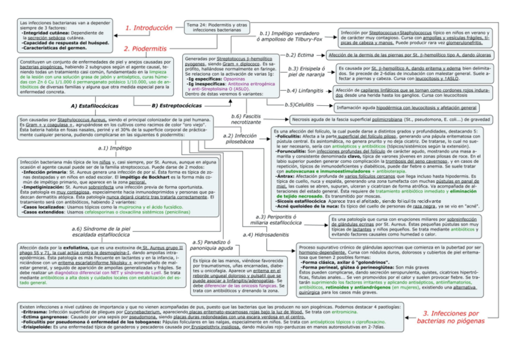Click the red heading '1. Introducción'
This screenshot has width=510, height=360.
[x=148, y=28]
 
